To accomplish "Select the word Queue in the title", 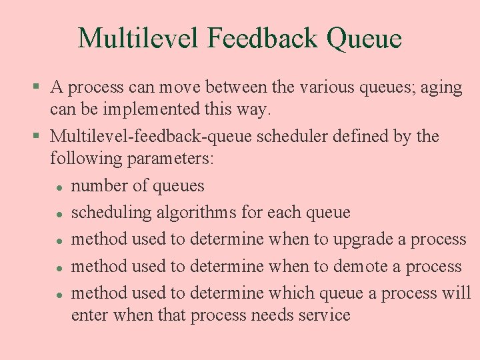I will pyautogui.click(x=365, y=39).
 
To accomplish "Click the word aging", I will pyautogui.click(x=441, y=87).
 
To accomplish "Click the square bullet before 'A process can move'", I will pyautogui.click(x=37, y=88).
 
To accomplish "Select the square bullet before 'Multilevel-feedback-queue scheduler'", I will pyautogui.click(x=37, y=137).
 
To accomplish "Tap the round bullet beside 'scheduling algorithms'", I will pyautogui.click(x=59, y=214).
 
